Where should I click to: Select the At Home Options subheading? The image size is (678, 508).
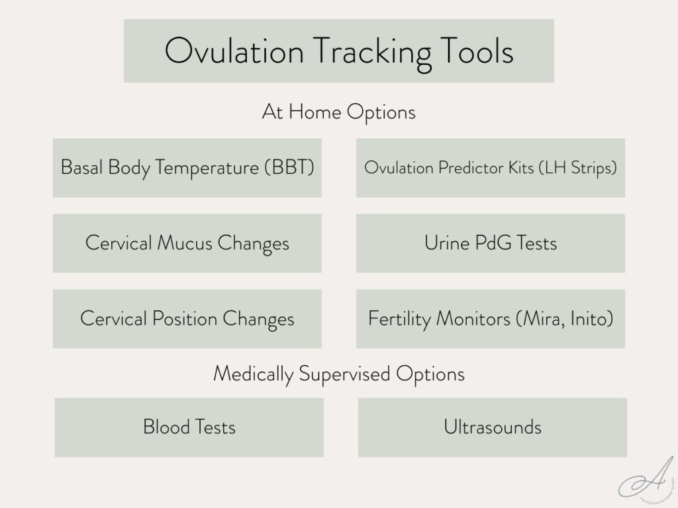(x=338, y=112)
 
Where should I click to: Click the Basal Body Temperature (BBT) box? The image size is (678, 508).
(x=187, y=167)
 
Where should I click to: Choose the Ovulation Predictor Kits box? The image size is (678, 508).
(x=490, y=167)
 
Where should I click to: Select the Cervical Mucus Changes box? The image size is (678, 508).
(x=187, y=243)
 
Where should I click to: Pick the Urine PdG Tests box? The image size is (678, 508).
(x=490, y=243)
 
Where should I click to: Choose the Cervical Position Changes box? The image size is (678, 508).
(x=187, y=318)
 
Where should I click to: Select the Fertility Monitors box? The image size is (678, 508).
(x=490, y=318)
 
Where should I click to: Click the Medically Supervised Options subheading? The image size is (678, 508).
(x=338, y=374)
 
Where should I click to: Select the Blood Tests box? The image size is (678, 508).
(x=189, y=427)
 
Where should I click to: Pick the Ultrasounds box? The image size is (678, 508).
(x=492, y=427)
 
